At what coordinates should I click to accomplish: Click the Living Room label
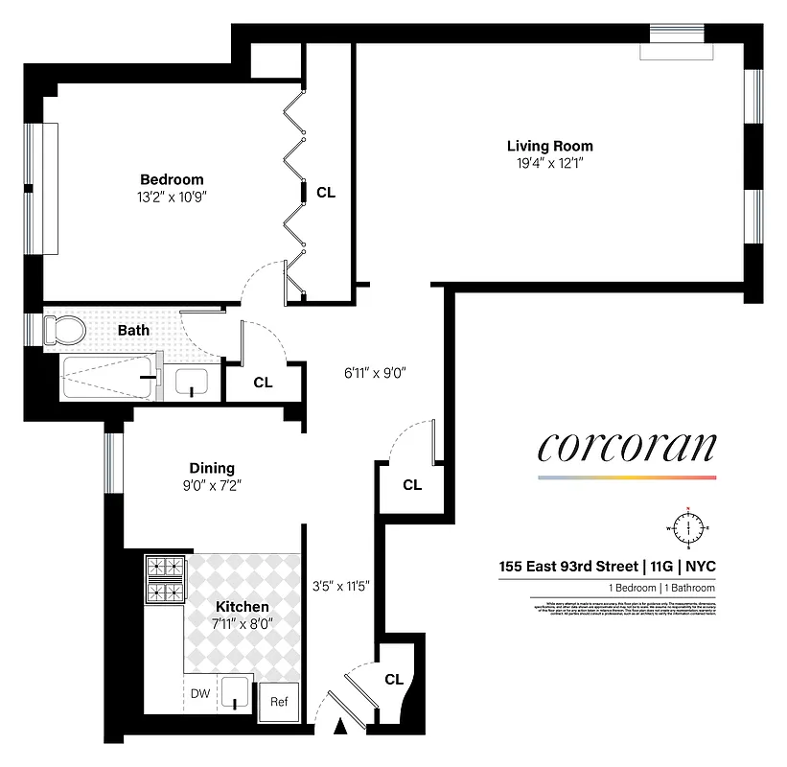coord(549,146)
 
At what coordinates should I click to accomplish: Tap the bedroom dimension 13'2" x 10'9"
coord(172,197)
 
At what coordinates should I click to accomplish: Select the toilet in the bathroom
coord(65,332)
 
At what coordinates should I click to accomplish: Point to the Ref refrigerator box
coord(278,702)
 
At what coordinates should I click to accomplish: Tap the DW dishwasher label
coord(199,693)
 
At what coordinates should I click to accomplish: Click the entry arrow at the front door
coord(339,730)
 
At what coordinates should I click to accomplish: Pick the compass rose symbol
coord(687,528)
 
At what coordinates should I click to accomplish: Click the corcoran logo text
coord(626,447)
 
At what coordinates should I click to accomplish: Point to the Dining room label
coord(211,468)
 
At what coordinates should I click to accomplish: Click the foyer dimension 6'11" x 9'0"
coord(377,373)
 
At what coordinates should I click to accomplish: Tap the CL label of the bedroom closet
coord(326,192)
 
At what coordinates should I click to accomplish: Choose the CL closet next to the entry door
coord(393,679)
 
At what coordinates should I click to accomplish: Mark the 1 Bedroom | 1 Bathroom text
coord(660,588)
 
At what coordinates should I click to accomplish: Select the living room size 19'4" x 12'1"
coord(549,163)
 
